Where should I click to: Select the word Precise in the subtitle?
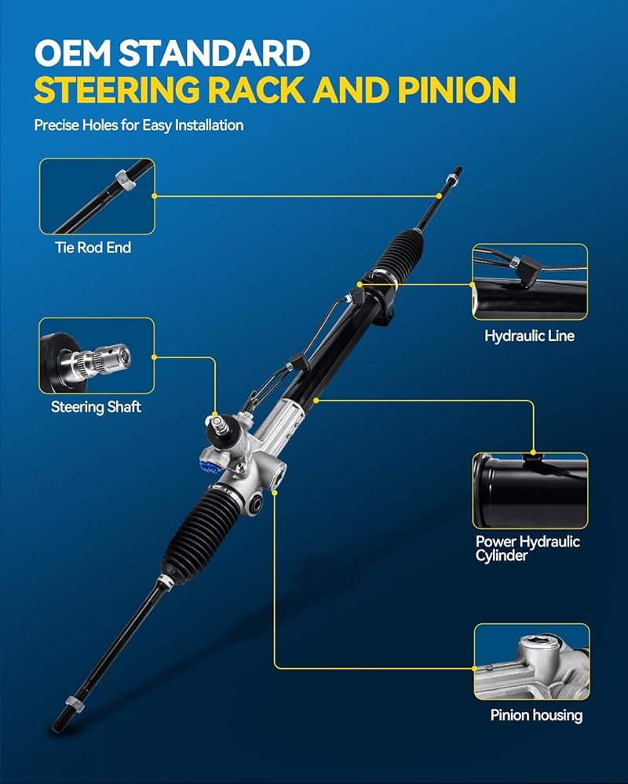(x=56, y=125)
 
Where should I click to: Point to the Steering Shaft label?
(x=97, y=407)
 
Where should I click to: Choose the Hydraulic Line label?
(x=530, y=336)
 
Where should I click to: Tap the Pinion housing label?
(x=536, y=714)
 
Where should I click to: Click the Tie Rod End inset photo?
(x=97, y=196)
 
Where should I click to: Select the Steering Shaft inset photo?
(x=97, y=356)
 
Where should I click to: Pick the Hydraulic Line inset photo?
(x=530, y=282)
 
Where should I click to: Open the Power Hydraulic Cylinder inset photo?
(x=530, y=490)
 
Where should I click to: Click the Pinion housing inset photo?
(x=531, y=662)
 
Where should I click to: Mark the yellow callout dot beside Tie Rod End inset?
(x=155, y=196)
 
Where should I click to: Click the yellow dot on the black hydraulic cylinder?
(x=316, y=400)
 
